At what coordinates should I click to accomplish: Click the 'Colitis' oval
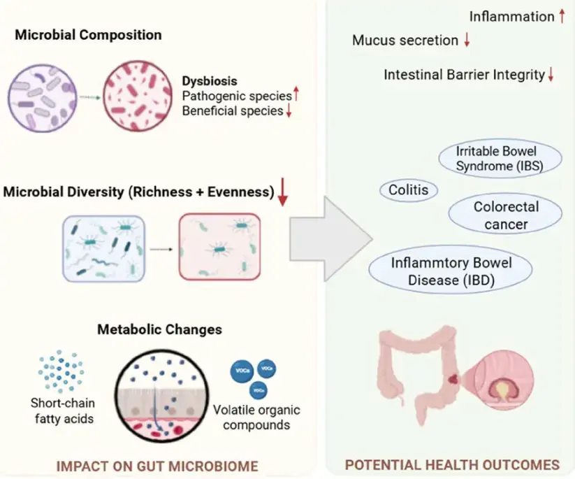click(409, 189)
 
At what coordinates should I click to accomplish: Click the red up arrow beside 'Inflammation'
click(561, 15)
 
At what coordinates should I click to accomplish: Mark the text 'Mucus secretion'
click(405, 41)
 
